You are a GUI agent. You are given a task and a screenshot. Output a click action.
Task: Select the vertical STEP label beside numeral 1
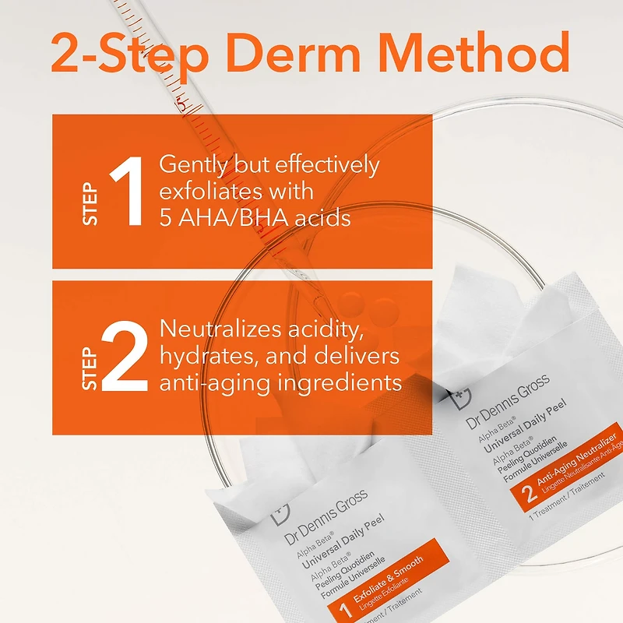[91, 203]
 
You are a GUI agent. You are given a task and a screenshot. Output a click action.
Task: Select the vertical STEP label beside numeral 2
[91, 368]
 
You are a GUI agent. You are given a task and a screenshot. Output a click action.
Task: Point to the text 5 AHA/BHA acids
[255, 217]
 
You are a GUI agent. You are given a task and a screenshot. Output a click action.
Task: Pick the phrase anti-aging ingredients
[280, 382]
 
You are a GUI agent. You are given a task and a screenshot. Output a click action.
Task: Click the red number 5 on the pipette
[181, 101]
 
